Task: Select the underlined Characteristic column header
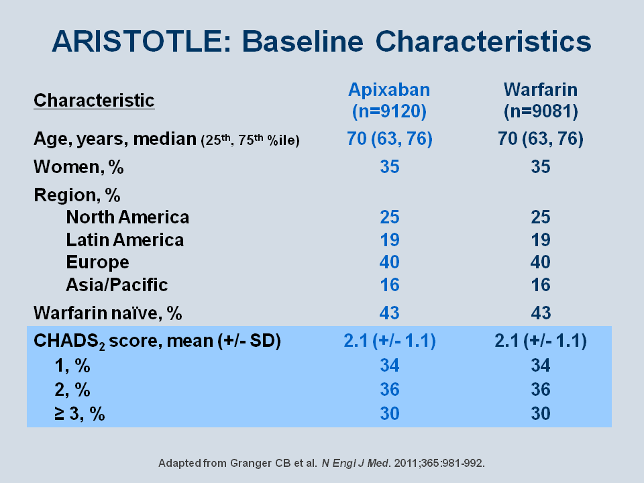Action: click(x=94, y=101)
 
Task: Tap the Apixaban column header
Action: click(x=389, y=89)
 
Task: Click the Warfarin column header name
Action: click(x=541, y=89)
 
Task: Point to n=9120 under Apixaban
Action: click(x=389, y=111)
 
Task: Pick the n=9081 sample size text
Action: click(x=541, y=111)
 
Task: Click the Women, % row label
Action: click(x=78, y=167)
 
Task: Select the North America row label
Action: click(x=127, y=217)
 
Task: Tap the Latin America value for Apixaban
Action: click(x=389, y=240)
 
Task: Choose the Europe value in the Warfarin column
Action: click(x=541, y=262)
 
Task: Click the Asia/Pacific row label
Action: click(x=117, y=284)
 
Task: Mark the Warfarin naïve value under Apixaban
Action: click(x=389, y=313)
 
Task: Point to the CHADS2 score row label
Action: click(x=157, y=341)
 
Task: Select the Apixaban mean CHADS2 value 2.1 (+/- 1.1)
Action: click(x=389, y=341)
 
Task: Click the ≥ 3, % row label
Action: click(x=80, y=413)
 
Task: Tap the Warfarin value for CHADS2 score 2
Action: click(x=541, y=389)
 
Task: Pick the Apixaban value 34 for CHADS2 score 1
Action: click(x=389, y=365)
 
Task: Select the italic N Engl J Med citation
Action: click(x=356, y=464)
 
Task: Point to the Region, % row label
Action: click(x=76, y=195)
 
